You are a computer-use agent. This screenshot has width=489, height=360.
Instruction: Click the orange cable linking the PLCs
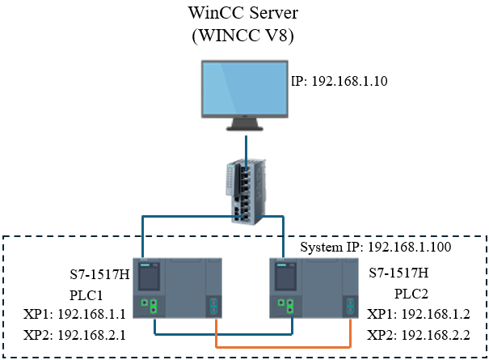coord(283,346)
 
